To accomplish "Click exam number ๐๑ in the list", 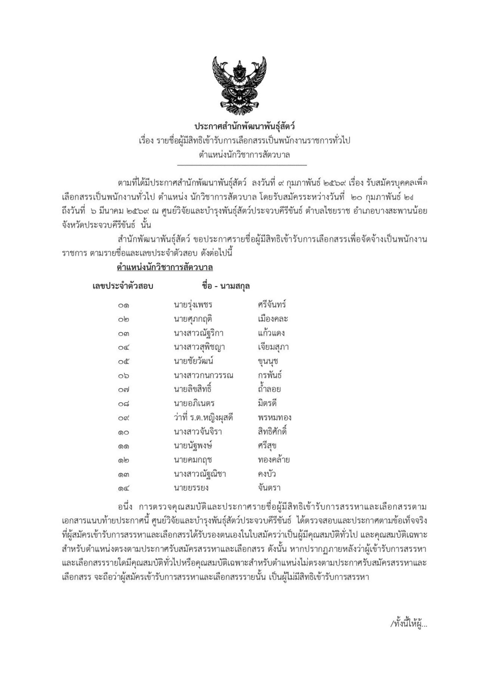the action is pos(123,305).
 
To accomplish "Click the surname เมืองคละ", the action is pos(273,319).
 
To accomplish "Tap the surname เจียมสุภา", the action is pos(273,347).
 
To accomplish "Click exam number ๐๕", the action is pos(123,361).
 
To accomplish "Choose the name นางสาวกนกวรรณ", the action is pos(203,376).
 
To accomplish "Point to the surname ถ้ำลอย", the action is pos(269,389).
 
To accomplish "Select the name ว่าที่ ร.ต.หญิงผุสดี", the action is pos(203,417).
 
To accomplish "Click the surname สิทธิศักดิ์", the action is pos(272,431).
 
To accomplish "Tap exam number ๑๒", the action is pos(123,460).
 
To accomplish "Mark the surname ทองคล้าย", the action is pos(274,460).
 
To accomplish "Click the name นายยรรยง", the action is pos(191,488).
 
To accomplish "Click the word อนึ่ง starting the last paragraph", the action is pos(128,507).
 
